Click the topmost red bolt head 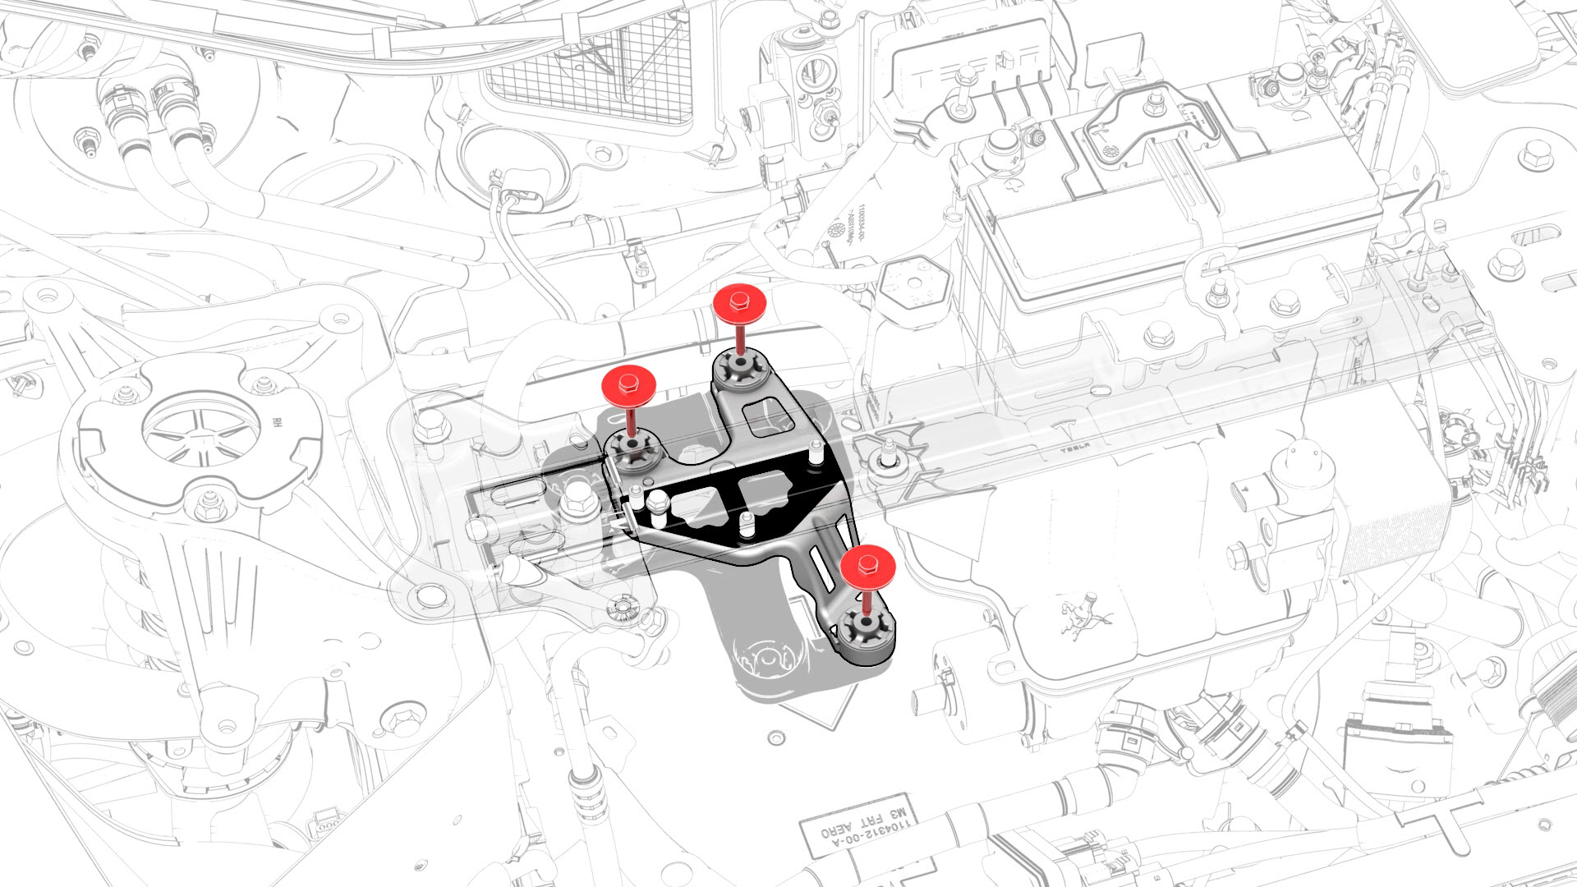coord(740,305)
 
